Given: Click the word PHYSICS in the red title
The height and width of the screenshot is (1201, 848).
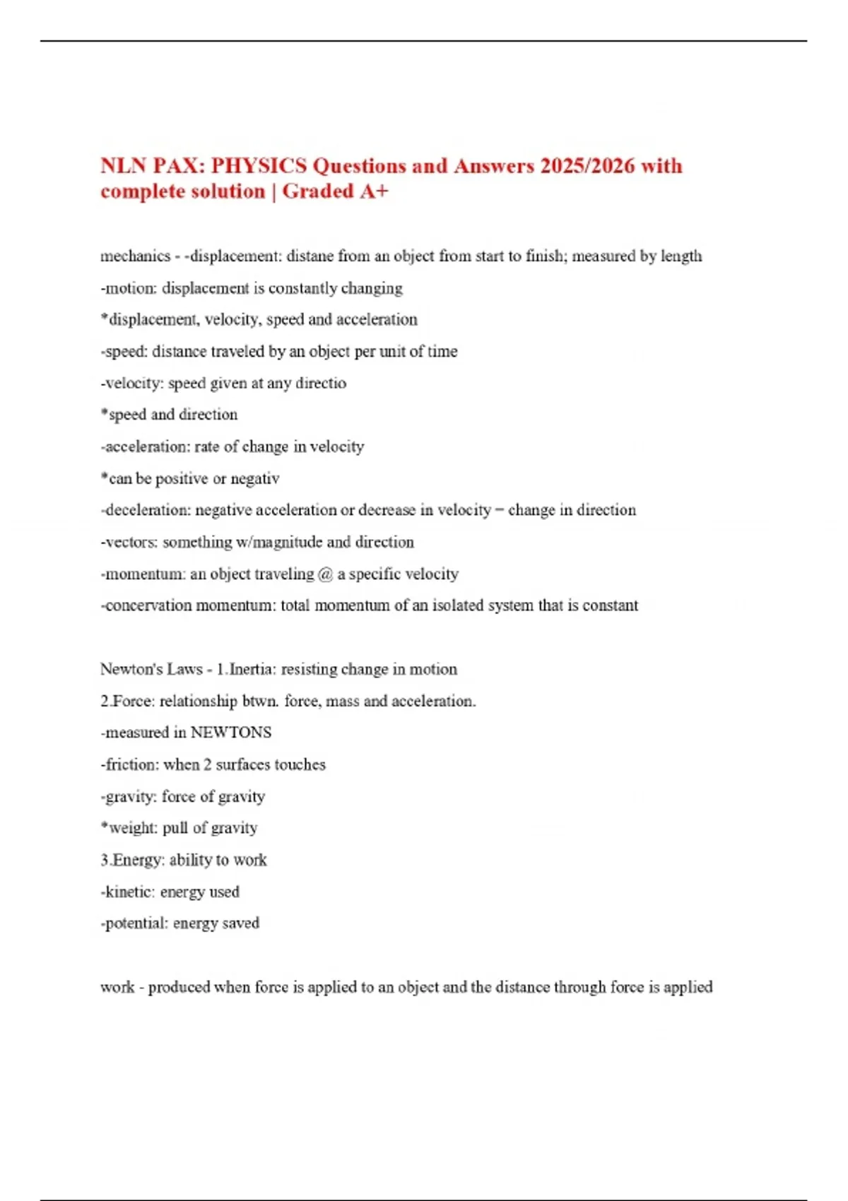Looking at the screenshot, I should (x=259, y=166).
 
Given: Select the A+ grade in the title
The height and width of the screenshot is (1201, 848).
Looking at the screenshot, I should (x=374, y=191).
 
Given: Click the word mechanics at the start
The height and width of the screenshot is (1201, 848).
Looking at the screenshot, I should (x=136, y=256).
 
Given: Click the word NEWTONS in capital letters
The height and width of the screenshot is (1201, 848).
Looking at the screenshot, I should (x=231, y=733).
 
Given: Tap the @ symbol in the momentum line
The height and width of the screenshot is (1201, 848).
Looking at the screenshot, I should (x=325, y=574).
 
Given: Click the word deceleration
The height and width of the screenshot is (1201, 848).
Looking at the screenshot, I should (x=146, y=510).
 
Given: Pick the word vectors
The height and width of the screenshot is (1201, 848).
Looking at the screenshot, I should (x=130, y=543).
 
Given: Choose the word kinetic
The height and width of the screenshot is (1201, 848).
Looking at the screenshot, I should (x=129, y=892).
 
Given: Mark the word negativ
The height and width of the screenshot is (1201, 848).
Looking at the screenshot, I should (x=255, y=479).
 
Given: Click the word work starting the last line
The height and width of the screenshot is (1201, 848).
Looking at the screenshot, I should (x=117, y=987).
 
